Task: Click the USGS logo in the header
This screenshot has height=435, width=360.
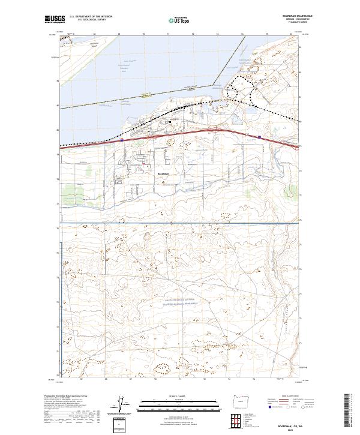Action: tap(55, 19)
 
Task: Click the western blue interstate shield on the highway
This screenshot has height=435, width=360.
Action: tap(122, 139)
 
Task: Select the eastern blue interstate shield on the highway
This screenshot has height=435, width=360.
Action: tap(259, 137)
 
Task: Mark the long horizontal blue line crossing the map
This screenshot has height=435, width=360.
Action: tap(180, 223)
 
